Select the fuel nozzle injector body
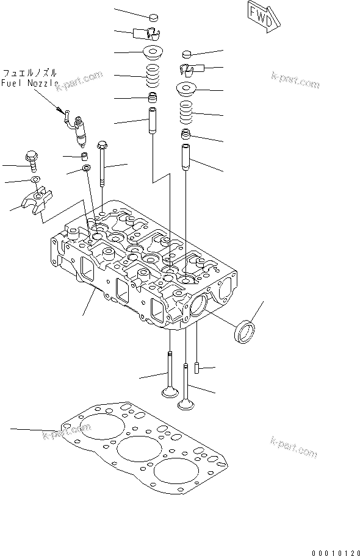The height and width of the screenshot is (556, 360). coord(79,132)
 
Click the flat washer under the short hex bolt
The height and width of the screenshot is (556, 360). coord(35,179)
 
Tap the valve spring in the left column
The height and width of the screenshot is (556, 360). coord(153,76)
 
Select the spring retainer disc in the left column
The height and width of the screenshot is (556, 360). coord(152,51)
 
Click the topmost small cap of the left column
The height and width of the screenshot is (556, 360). coord(153,16)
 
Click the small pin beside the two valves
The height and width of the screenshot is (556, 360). coord(197,368)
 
